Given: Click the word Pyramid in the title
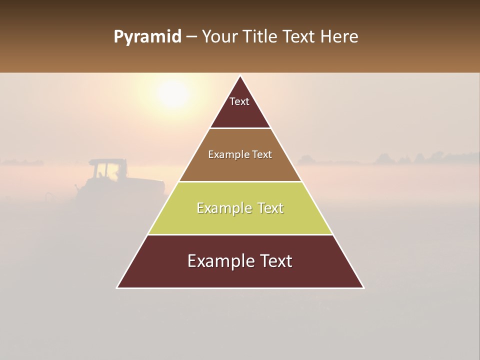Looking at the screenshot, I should pos(147,37).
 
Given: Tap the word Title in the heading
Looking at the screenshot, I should pos(261,37).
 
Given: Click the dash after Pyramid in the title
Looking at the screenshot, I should pos(190,37).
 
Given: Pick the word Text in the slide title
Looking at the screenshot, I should pos(299,37).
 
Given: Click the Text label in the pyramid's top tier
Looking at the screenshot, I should pos(239,101).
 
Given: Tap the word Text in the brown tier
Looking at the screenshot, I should pos(262,154).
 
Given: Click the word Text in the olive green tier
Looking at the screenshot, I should pos(270,208).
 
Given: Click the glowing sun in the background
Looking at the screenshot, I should pos(173,93).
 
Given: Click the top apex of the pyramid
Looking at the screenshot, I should pos(240,76).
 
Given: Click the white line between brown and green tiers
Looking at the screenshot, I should pos(240,181).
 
